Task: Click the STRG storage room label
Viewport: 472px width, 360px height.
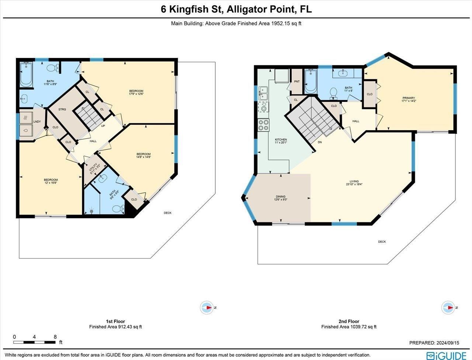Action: pos(62,110)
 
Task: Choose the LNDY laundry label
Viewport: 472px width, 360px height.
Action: pos(37,121)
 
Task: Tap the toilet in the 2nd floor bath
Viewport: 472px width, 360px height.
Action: pos(333,92)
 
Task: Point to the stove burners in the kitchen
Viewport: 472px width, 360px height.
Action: pos(264,125)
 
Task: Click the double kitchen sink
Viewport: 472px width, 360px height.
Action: pos(263,93)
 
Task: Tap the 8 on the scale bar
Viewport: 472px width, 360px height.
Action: pos(55,336)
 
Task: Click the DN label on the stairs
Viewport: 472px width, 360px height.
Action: pos(320,142)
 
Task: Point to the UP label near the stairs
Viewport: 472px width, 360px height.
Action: pos(104,126)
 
